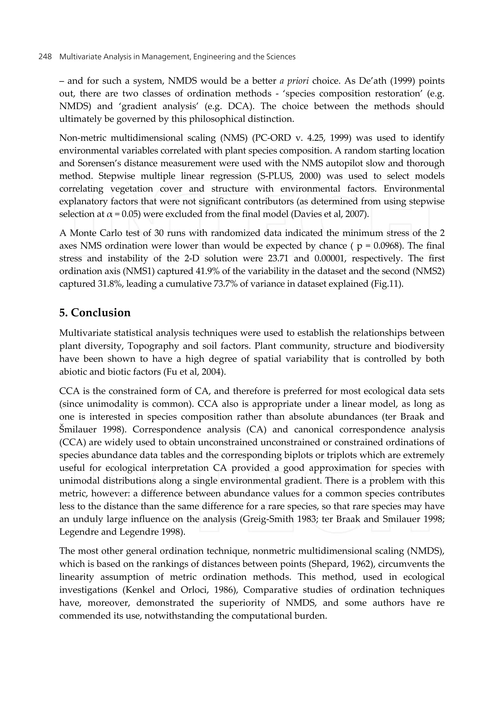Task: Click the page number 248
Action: pos(45,57)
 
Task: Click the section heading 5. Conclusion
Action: pos(95,313)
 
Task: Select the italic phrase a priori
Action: pos(294,81)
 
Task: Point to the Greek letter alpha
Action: pos(109,214)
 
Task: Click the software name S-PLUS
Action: pos(277,176)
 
